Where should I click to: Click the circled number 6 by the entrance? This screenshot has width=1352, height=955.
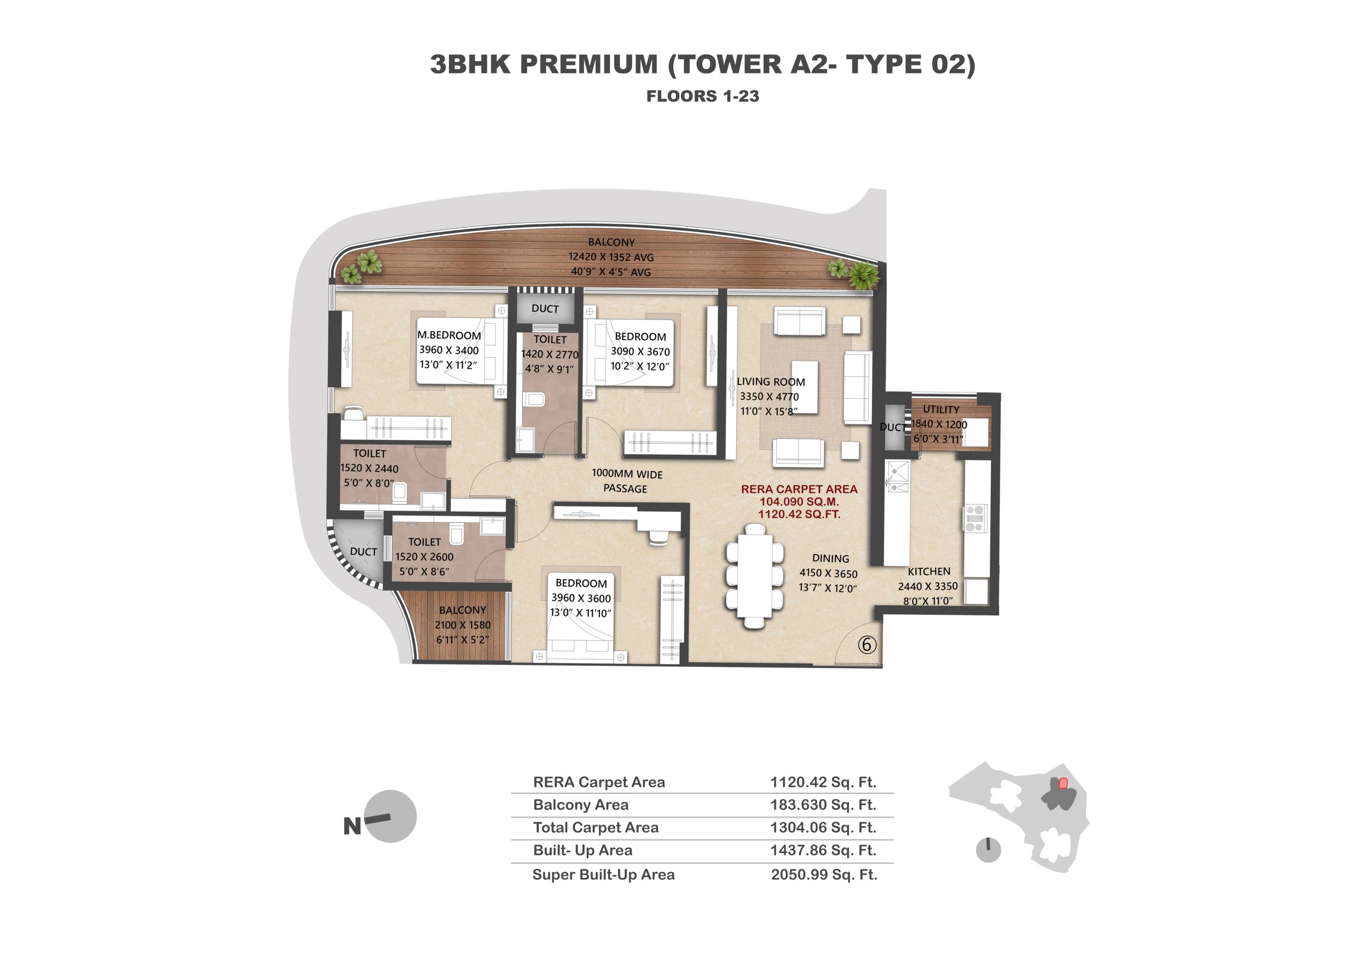(x=867, y=645)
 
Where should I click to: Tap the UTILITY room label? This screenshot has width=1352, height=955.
(x=941, y=409)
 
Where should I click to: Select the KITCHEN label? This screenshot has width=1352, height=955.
(x=928, y=571)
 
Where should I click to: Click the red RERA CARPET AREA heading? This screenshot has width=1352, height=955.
(x=799, y=489)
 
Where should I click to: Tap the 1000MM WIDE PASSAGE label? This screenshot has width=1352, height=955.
(x=626, y=482)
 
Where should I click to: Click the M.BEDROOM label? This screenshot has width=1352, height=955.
(x=449, y=335)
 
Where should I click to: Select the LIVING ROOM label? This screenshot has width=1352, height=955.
(x=771, y=381)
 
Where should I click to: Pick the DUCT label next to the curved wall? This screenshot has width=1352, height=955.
(x=363, y=551)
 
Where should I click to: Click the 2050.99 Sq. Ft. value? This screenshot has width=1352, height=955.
(x=824, y=874)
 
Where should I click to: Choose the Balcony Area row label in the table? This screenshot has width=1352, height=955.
(x=580, y=804)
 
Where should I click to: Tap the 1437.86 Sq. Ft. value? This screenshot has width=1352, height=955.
(x=823, y=850)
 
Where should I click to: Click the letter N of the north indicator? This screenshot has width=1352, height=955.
(x=352, y=827)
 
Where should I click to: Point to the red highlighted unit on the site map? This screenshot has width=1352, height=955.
(x=1063, y=783)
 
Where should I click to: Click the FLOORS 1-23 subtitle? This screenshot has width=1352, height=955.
(x=703, y=96)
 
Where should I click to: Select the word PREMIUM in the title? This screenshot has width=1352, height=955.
(x=588, y=64)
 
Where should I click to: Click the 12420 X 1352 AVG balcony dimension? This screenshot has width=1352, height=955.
(x=611, y=257)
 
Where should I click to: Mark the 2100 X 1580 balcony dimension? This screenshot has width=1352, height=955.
(x=463, y=625)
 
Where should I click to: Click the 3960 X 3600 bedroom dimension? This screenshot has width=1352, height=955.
(x=581, y=597)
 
